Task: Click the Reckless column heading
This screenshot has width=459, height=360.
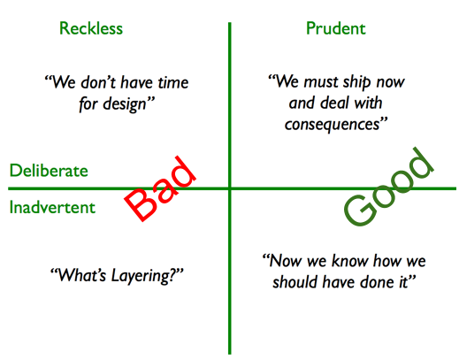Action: (x=91, y=28)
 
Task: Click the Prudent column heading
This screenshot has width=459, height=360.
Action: (x=335, y=28)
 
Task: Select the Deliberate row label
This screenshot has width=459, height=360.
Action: (x=49, y=171)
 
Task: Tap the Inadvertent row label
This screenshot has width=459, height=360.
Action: (x=52, y=208)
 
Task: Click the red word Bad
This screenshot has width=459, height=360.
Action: (x=160, y=188)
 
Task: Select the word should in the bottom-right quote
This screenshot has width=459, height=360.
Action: (x=293, y=283)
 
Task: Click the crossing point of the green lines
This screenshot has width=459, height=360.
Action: (x=229, y=188)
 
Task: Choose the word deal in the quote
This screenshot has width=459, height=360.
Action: (x=336, y=103)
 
